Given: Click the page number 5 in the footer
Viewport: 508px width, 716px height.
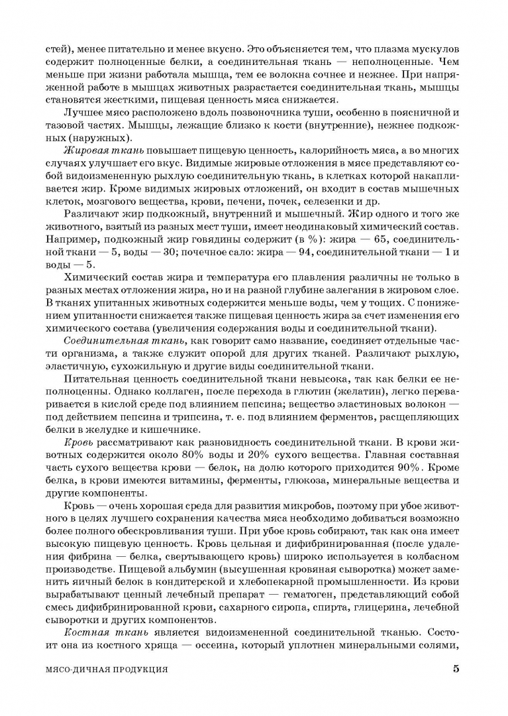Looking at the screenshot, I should click(456, 669).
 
